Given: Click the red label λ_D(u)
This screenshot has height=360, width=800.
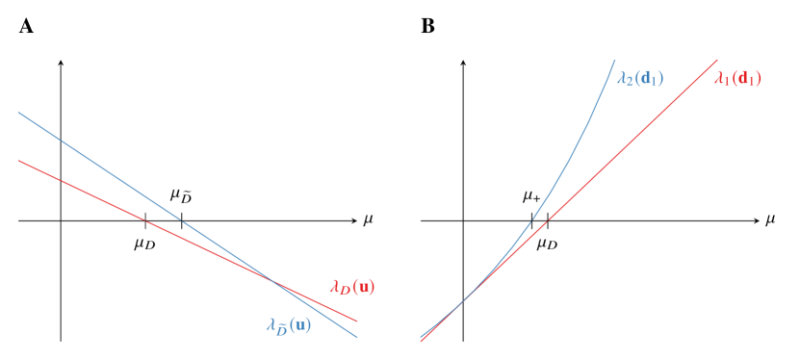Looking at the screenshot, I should (x=352, y=286).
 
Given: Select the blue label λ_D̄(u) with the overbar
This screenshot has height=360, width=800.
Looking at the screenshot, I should (x=289, y=325).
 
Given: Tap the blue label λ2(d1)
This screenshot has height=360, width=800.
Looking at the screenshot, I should (x=640, y=78).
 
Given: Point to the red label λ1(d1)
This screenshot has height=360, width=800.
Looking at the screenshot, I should (x=737, y=79).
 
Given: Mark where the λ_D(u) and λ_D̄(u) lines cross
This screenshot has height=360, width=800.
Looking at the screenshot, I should (x=274, y=281).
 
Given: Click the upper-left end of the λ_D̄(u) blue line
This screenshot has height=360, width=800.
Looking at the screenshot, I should (x=19, y=113).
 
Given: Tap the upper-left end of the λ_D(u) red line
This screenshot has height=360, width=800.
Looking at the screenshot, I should (x=19, y=161).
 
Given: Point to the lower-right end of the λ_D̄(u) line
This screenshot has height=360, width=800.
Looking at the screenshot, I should (x=357, y=337).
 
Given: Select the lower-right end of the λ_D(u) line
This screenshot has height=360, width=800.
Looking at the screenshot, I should (x=357, y=321).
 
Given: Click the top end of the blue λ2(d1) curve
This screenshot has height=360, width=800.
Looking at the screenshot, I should (x=614, y=61).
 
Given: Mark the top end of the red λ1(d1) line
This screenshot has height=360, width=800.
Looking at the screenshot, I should (x=717, y=61).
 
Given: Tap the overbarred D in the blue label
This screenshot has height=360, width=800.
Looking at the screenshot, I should (x=279, y=329).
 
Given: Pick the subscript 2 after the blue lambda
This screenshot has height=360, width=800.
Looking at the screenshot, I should (x=629, y=82).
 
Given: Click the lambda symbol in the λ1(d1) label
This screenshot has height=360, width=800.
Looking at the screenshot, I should (x=718, y=79).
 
